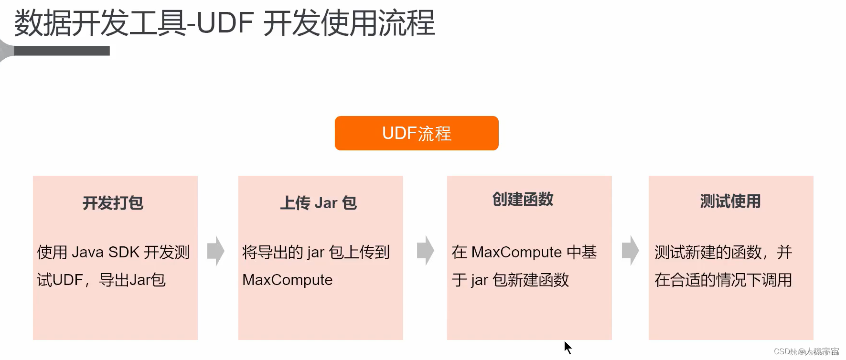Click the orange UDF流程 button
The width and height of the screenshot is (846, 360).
(x=417, y=133)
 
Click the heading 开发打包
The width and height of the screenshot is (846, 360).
(x=113, y=203)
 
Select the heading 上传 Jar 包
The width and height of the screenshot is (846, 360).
(x=318, y=203)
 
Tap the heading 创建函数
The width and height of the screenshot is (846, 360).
(x=523, y=199)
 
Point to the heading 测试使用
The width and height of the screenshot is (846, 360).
(x=730, y=201)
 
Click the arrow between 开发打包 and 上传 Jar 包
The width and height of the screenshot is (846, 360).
(x=216, y=251)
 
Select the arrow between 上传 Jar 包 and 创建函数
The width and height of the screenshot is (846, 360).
(x=425, y=250)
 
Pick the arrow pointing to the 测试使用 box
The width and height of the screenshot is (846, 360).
(x=630, y=250)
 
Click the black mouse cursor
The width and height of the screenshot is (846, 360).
(x=568, y=347)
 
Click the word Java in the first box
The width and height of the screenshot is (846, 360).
(x=87, y=252)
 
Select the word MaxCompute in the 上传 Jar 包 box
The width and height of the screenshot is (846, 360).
(x=287, y=280)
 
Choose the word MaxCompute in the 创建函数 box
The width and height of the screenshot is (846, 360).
(x=516, y=252)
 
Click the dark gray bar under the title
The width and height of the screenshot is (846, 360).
(x=62, y=51)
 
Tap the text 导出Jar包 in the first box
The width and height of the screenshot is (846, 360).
(x=132, y=280)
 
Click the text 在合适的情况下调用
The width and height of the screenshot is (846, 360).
(x=723, y=280)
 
